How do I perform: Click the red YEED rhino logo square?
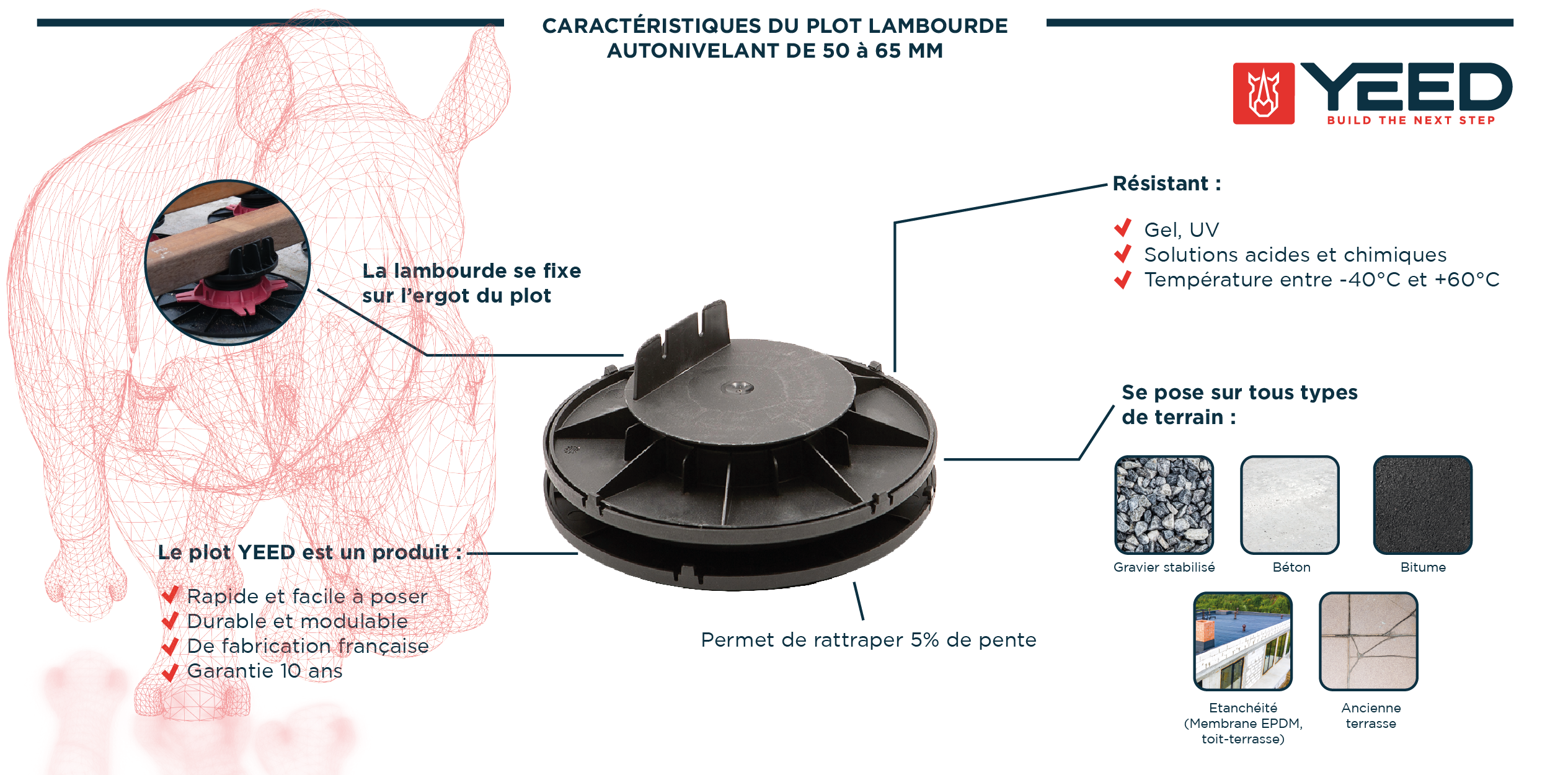pos(1263,94)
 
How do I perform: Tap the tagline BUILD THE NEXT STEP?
pos(1411,120)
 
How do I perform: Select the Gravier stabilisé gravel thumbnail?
pos(1164,505)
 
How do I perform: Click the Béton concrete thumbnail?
pos(1290,505)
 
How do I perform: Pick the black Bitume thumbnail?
pos(1422,505)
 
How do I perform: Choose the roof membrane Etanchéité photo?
pos(1242,641)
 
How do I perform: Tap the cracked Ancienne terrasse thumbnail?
pos(1368,641)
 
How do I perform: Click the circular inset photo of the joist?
pos(228,262)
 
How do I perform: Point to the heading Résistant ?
pos(1166,184)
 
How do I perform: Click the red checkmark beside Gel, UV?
pos(1123,228)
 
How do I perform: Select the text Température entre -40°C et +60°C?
pos(1321,280)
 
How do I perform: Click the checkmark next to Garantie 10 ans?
pos(170,671)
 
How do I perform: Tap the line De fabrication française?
pos(308,646)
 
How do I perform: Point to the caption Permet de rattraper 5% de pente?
pos(868,640)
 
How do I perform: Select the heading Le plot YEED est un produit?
pos(309,552)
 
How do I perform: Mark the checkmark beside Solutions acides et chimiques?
pos(1123,254)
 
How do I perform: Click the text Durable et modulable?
pos(297,621)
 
